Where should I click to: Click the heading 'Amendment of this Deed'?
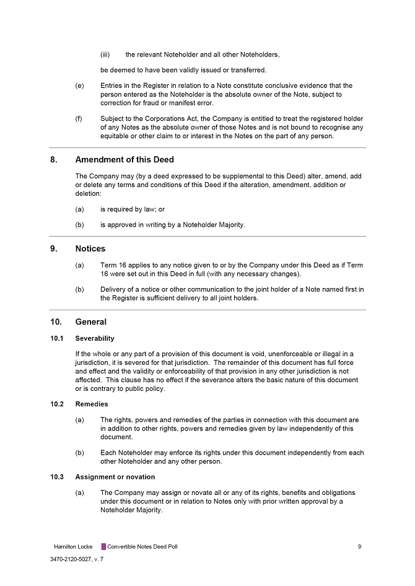(124, 160)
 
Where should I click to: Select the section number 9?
(54, 249)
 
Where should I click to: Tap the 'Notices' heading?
(90, 249)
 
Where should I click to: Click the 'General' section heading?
(90, 322)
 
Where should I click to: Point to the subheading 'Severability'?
(95, 339)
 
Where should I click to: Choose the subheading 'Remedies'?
(92, 405)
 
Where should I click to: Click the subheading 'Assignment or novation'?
(115, 477)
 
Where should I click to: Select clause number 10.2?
(58, 405)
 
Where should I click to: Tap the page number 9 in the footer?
(360, 547)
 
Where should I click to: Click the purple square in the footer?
(103, 547)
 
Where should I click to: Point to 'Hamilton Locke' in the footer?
(73, 547)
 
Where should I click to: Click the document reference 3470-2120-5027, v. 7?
(77, 559)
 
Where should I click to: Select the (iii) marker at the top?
(105, 55)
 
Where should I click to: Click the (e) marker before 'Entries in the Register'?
(79, 86)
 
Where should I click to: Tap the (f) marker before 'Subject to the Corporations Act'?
(79, 118)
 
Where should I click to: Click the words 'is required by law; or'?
(133, 210)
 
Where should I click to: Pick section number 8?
(54, 160)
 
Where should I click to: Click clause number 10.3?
(58, 477)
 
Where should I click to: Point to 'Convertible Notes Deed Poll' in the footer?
(142, 547)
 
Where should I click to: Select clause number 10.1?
(58, 339)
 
